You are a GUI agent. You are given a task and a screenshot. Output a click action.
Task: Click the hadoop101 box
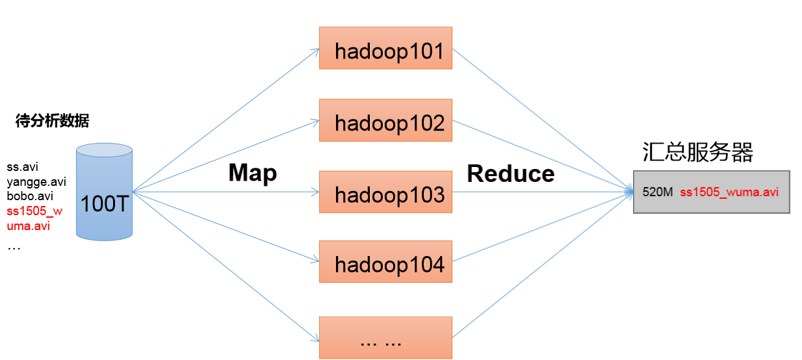tap(385, 48)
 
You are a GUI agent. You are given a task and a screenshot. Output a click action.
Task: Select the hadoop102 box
tap(385, 120)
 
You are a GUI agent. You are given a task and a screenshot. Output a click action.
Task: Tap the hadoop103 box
tap(385, 192)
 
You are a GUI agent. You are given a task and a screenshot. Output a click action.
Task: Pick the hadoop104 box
tap(385, 262)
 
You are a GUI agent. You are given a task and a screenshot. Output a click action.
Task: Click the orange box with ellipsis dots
tap(385, 337)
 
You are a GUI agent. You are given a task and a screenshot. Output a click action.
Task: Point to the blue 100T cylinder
tap(104, 192)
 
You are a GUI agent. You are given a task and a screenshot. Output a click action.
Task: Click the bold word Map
tap(253, 174)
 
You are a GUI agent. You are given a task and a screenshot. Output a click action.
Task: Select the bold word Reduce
tap(511, 174)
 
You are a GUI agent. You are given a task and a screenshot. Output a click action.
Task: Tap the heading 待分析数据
tap(52, 121)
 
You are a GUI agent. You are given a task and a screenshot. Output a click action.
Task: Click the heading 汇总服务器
tap(698, 151)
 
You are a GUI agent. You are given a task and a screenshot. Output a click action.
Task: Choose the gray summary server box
tap(712, 192)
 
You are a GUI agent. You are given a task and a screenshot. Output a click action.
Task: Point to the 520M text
tap(658, 192)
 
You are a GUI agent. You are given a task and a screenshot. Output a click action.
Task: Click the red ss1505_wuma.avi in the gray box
tap(729, 192)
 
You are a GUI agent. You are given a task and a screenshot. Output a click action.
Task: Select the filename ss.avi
tap(23, 167)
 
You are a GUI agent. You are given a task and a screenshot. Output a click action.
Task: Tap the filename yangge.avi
tap(36, 182)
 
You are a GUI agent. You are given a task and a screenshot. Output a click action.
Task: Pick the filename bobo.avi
tap(30, 196)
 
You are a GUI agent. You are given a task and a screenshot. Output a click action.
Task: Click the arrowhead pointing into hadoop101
tap(315, 51)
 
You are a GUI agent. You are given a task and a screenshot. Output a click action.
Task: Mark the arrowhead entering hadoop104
tap(315, 260)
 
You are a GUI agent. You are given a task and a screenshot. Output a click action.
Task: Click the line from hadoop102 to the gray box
tap(543, 156)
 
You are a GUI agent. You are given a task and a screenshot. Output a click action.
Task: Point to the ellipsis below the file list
tap(14, 248)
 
